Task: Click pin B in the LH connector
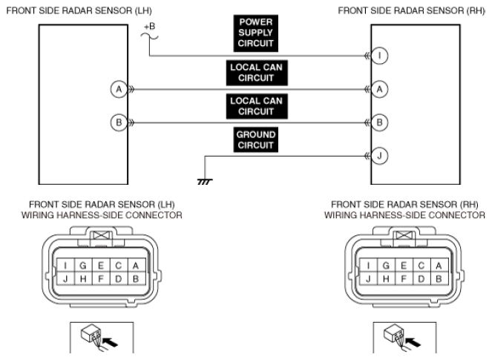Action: (134, 279)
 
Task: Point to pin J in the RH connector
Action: (370, 279)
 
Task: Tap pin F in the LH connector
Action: (101, 279)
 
